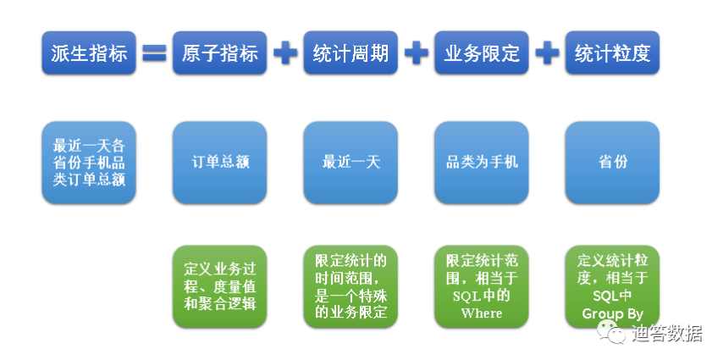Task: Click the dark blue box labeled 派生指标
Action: tap(89, 53)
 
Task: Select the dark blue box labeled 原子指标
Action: tap(220, 53)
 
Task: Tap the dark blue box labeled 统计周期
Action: tap(350, 53)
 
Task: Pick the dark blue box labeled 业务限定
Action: tap(482, 53)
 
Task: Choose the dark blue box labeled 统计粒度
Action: tap(612, 53)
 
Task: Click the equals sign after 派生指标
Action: tap(154, 53)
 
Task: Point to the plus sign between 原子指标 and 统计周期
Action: tap(285, 53)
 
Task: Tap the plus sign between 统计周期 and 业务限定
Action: tap(417, 53)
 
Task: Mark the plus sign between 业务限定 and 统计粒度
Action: tap(547, 53)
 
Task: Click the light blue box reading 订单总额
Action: tap(220, 163)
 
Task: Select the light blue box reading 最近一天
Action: tap(350, 163)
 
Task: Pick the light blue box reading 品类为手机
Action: tap(482, 163)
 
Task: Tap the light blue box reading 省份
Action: tap(612, 163)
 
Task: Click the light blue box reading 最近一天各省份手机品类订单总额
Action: tap(89, 163)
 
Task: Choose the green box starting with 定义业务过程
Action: tap(220, 286)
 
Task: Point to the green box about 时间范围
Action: tap(350, 286)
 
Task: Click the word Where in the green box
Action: tap(482, 313)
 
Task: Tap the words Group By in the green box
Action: tap(612, 314)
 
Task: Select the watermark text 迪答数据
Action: tap(667, 333)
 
